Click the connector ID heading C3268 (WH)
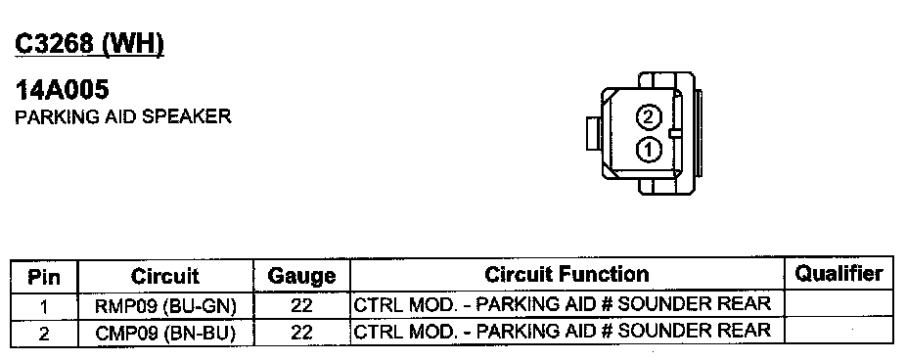click(x=90, y=44)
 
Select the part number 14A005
click(x=62, y=90)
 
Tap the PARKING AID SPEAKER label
click(x=123, y=116)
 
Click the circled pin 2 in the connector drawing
click(x=649, y=117)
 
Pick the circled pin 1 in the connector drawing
click(x=649, y=151)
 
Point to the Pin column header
click(x=44, y=277)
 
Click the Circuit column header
click(x=165, y=276)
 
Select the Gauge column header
click(x=301, y=276)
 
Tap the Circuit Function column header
click(x=566, y=274)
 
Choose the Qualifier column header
click(x=838, y=273)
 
